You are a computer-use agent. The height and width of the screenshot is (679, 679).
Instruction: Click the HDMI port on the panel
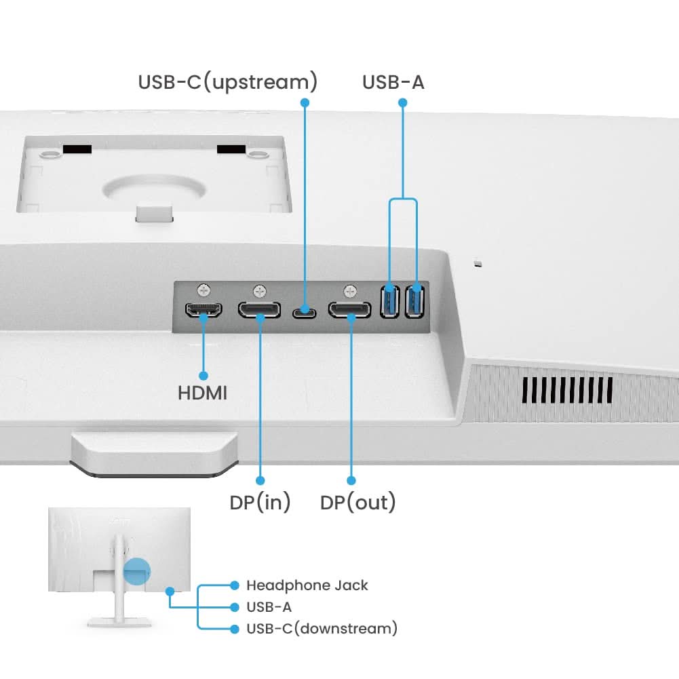[x=203, y=310]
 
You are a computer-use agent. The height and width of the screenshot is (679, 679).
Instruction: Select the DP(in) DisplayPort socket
[x=259, y=310]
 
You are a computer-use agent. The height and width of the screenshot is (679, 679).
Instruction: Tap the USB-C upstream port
[x=304, y=313]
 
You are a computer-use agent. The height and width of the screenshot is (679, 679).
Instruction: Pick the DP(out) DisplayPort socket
[x=350, y=310]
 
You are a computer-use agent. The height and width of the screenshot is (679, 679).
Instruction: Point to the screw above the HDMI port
[x=203, y=289]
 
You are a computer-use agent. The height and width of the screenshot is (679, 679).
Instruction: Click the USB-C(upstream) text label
[x=228, y=82]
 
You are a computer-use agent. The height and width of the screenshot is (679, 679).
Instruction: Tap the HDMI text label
[x=202, y=393]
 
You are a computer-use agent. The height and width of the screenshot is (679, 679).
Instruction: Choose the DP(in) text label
[x=260, y=503]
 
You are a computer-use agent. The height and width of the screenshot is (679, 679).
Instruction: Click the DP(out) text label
[x=357, y=503]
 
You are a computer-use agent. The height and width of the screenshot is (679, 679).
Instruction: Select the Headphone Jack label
[x=307, y=585]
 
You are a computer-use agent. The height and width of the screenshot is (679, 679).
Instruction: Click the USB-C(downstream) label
[x=322, y=628]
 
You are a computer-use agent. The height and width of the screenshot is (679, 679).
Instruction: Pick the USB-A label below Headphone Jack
[x=269, y=607]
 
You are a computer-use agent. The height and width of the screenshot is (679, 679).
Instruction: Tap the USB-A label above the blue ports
[x=393, y=82]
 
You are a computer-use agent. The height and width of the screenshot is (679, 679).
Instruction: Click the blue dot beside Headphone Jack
[x=235, y=585]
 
